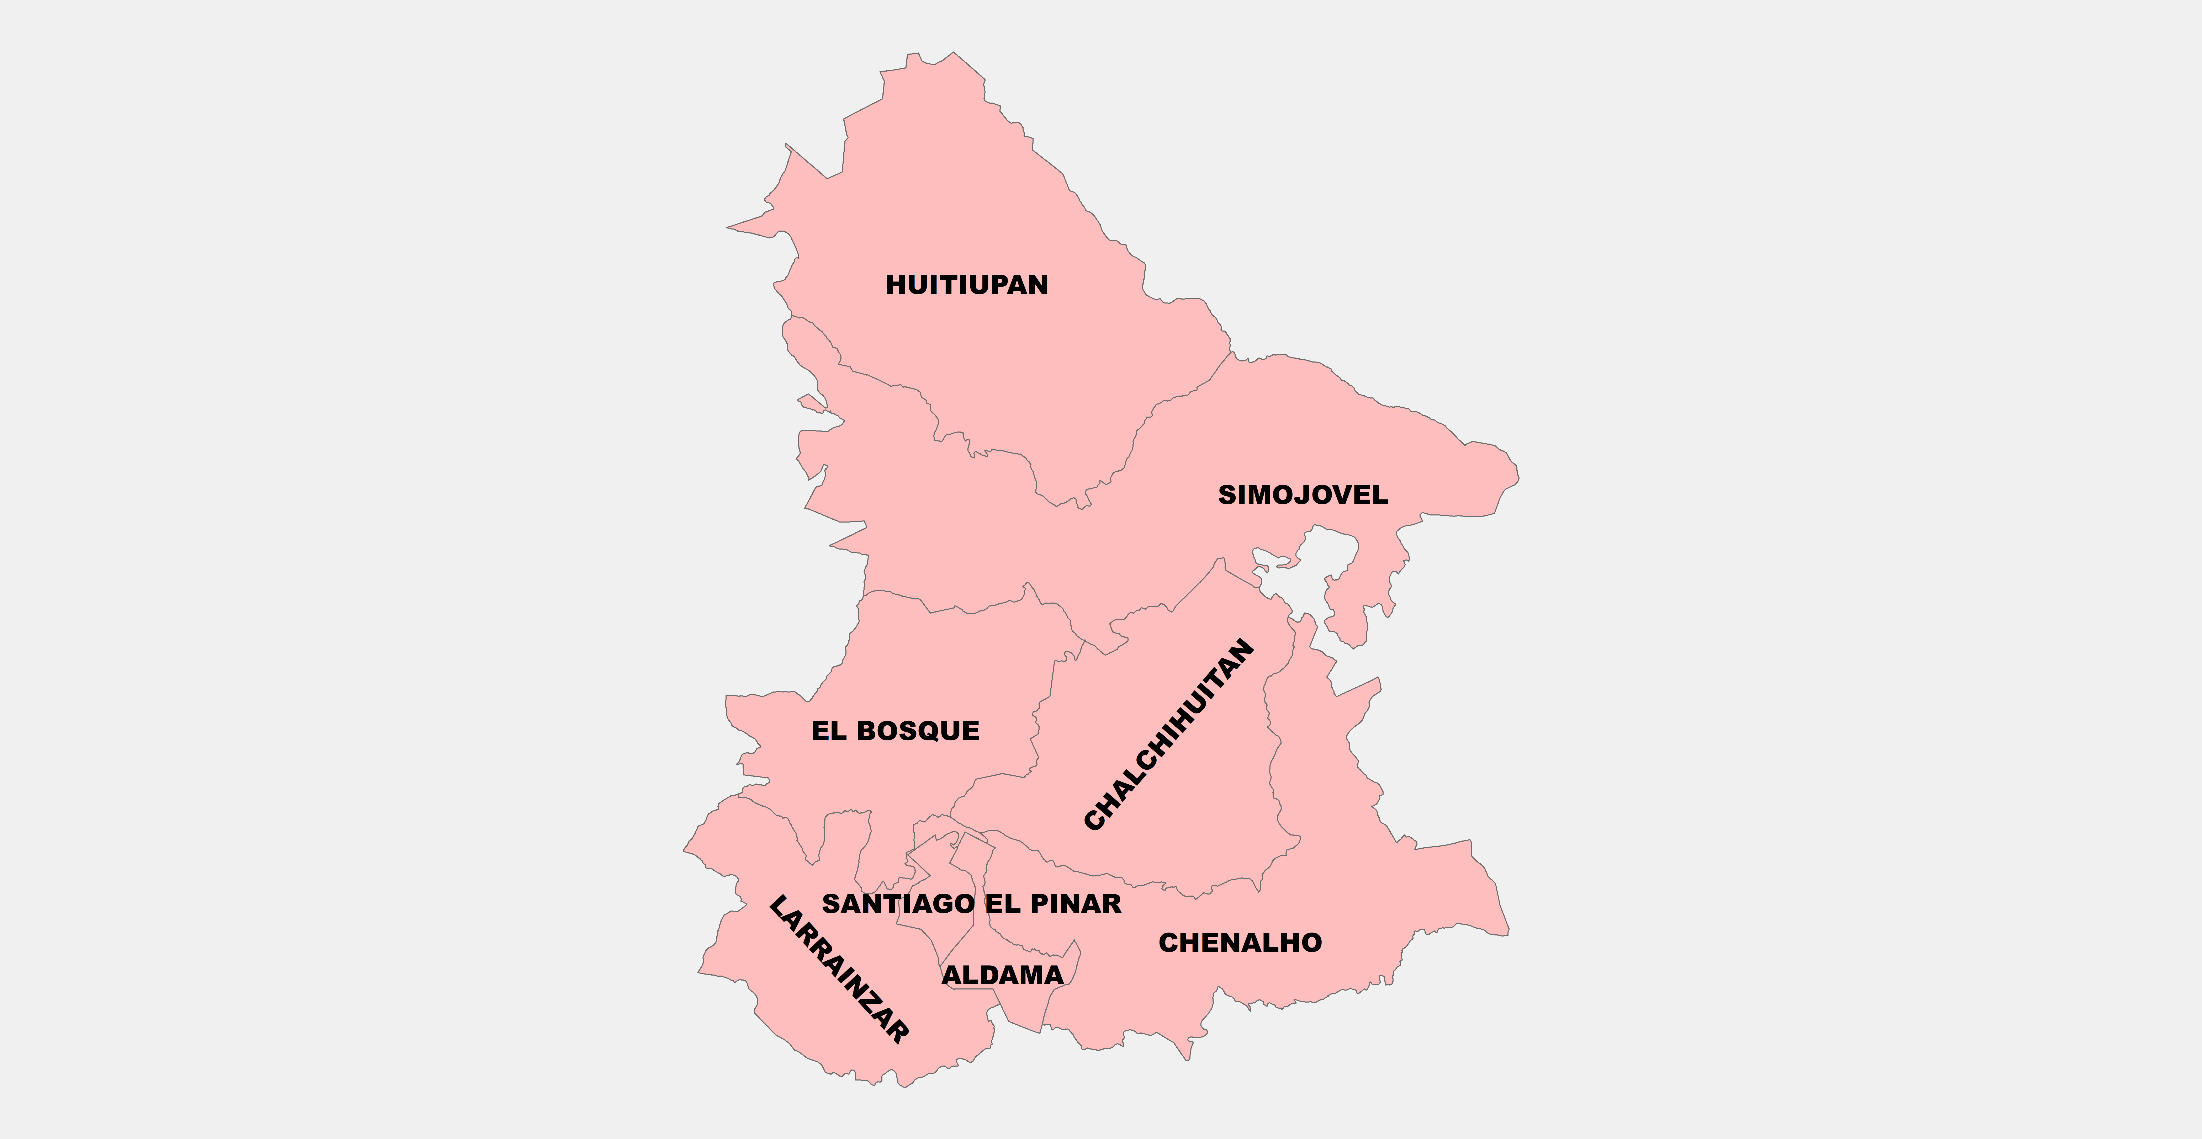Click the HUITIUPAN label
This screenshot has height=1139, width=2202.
[967, 285]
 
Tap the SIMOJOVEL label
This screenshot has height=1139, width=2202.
[1303, 495]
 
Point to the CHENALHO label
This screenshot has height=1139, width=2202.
[1240, 943]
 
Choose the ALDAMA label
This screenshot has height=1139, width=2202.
[1003, 975]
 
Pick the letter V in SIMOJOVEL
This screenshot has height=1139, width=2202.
[1340, 495]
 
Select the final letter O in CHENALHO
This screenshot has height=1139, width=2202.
[1310, 943]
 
